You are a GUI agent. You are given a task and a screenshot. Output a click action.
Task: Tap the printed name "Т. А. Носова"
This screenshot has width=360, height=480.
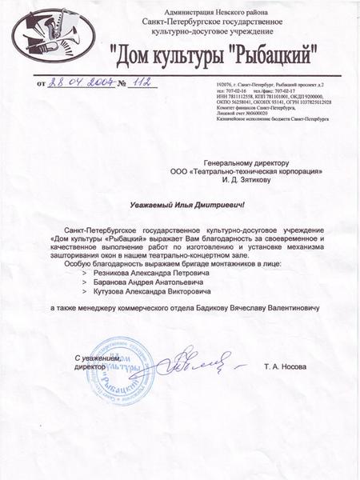click(x=284, y=366)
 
